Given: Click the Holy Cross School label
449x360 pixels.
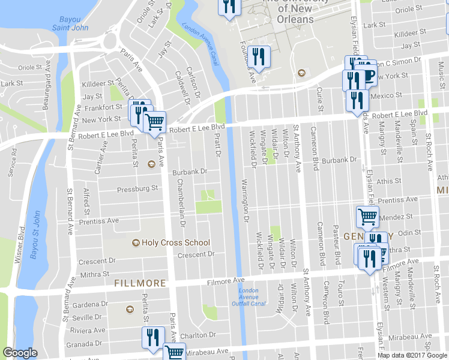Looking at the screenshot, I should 176,243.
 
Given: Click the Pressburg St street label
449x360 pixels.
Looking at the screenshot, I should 137,188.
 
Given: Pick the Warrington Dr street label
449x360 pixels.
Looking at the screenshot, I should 245,200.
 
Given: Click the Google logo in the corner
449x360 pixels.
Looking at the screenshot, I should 20,353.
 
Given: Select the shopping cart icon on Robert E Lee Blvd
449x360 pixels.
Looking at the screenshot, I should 155,122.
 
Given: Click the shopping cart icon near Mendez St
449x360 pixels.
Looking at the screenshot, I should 367,215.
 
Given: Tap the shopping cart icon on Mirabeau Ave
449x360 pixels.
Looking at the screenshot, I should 174,352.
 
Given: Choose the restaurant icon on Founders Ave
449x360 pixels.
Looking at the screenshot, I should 259,56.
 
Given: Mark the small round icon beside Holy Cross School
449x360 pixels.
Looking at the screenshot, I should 136,243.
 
